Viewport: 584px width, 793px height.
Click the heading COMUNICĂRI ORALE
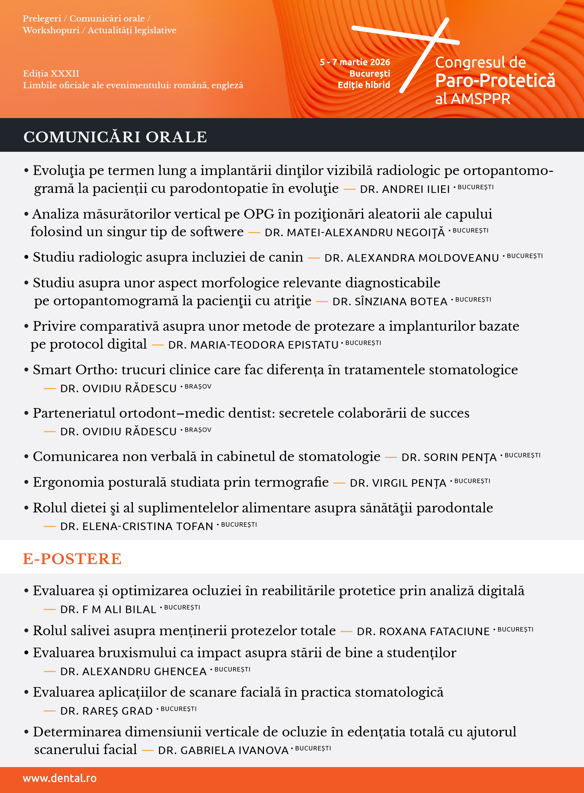point(115,137)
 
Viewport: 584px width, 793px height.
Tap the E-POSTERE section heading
point(72,559)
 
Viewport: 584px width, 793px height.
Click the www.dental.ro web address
point(59,778)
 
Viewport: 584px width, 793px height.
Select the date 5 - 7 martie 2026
point(355,62)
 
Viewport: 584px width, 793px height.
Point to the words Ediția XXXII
point(51,73)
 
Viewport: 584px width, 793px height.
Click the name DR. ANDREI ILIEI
point(405,189)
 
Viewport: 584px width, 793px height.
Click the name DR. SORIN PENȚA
point(449,457)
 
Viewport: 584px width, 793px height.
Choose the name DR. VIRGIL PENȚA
point(398,483)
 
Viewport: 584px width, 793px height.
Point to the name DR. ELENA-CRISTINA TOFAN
point(137,526)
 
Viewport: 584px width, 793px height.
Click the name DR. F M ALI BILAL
point(108,609)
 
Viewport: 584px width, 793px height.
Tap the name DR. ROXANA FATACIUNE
point(423,632)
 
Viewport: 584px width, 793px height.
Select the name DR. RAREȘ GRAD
point(106,711)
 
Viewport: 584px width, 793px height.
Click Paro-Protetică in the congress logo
point(495,81)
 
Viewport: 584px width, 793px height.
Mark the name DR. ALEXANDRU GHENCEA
point(133,671)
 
